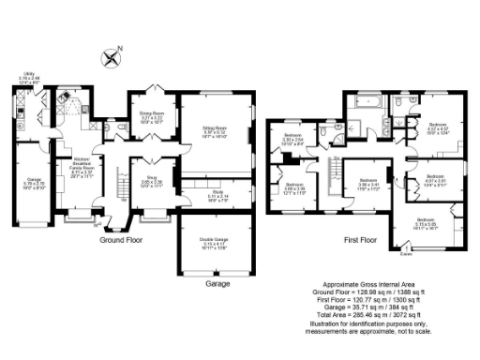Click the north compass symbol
113,57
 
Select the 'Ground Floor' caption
125,239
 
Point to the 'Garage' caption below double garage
217,282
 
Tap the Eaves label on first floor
405,252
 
